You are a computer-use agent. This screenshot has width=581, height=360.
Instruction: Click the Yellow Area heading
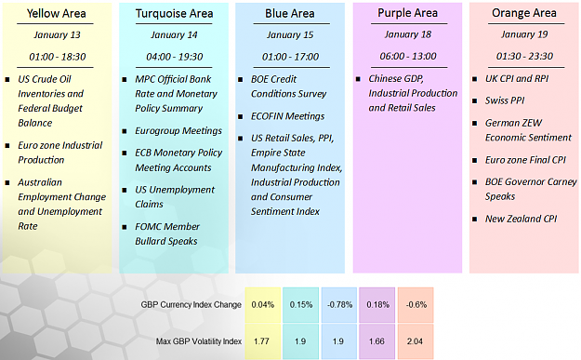57,13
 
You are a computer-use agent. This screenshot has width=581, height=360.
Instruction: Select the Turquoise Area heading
174,13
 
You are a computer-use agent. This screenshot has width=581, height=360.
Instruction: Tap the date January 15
290,34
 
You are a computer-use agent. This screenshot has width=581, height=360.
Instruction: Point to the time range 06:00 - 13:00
408,56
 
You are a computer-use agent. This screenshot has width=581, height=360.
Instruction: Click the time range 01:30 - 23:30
524,56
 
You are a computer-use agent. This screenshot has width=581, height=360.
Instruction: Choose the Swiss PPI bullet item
505,100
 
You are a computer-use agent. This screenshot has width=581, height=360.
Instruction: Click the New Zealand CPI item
521,219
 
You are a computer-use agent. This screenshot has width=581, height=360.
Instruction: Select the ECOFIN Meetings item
287,116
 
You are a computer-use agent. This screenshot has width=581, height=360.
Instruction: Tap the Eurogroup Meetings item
178,131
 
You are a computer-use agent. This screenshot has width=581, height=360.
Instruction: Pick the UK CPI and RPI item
517,78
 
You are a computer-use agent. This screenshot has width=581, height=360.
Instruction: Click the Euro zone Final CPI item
525,160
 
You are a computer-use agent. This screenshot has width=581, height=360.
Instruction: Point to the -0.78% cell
339,305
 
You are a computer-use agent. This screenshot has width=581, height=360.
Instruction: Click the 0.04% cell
263,305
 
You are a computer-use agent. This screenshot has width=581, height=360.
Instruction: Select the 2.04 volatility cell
416,341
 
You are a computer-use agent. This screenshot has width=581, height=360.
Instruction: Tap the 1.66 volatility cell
376,341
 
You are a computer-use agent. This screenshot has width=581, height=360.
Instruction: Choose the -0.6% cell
416,305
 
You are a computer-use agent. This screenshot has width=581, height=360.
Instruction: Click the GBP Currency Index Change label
191,305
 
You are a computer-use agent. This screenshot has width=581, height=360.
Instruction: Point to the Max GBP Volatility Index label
199,341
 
